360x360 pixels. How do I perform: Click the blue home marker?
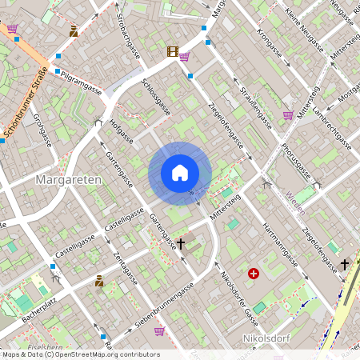tap(180, 173)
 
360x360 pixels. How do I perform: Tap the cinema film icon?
tap(172, 52)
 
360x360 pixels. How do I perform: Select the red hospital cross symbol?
tap(254, 274)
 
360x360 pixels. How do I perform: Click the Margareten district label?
tap(69, 180)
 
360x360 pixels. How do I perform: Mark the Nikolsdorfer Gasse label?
tap(238, 295)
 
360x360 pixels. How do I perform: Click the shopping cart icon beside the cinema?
tap(185, 57)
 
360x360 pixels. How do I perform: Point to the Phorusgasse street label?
tap(297, 160)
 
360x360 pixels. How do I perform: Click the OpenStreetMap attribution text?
tap(81, 354)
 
